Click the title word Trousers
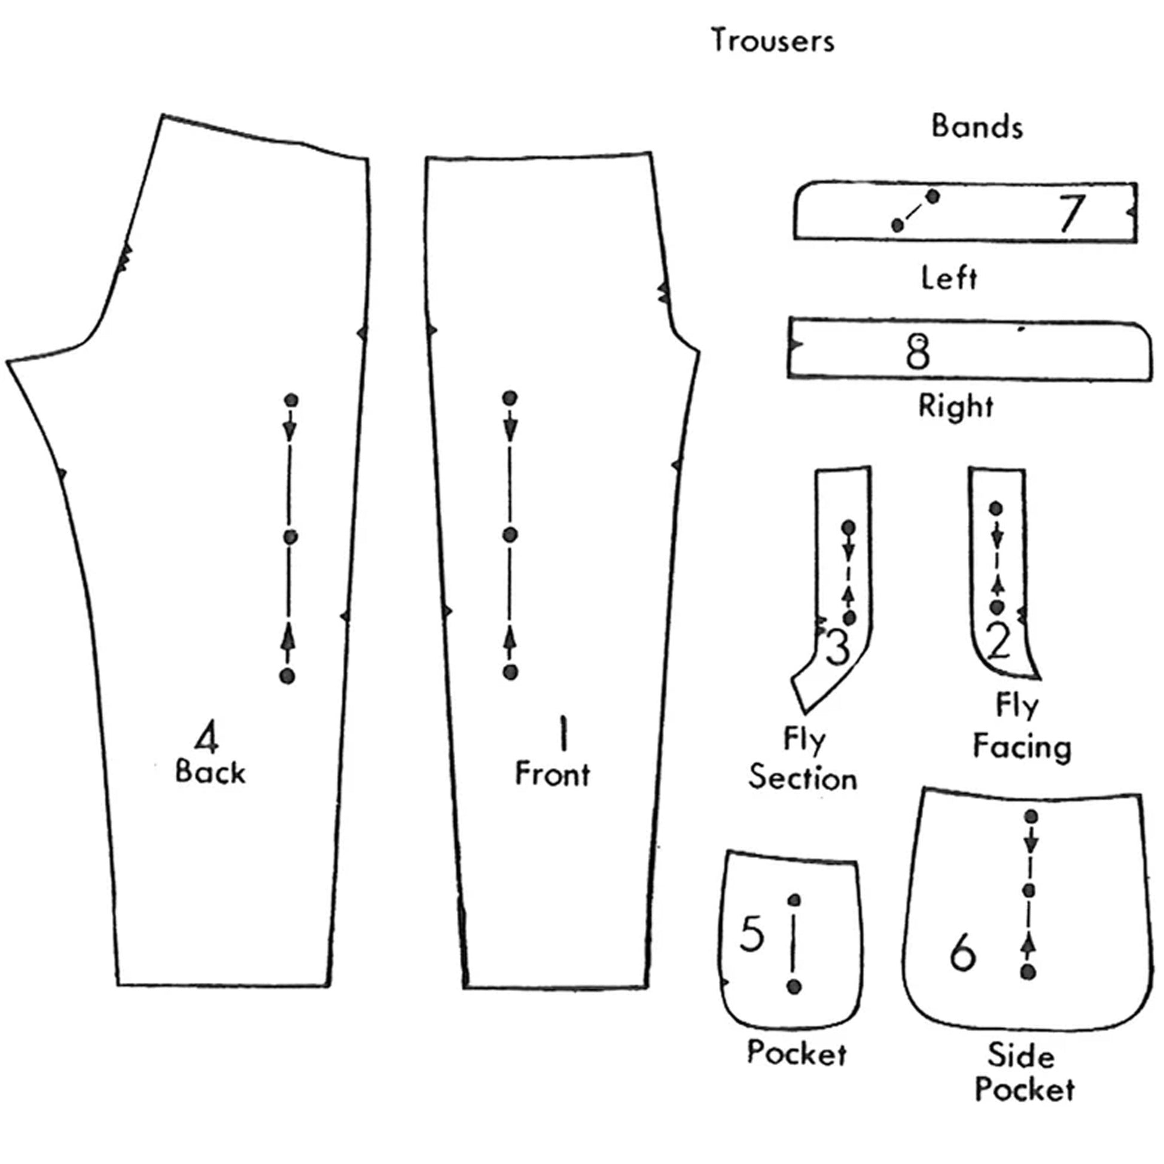(x=772, y=41)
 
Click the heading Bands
(x=977, y=127)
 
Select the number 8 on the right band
(x=918, y=352)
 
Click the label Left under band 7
(x=949, y=278)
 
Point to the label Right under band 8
(x=955, y=406)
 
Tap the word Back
(x=211, y=773)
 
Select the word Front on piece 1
(x=553, y=774)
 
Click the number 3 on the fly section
(x=837, y=647)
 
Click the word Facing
(x=1022, y=748)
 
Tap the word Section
(x=803, y=778)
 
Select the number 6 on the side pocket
(x=962, y=952)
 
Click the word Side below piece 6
(x=1020, y=1057)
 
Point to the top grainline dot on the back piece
(x=291, y=400)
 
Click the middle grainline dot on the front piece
(x=510, y=534)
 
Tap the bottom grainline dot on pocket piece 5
(x=794, y=986)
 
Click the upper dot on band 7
(x=933, y=196)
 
